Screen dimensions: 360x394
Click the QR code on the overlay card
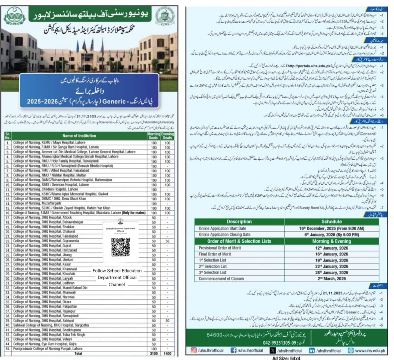120,247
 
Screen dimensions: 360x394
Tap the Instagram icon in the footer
194,350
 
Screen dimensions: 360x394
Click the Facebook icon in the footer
234,350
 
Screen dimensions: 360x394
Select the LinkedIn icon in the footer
312,350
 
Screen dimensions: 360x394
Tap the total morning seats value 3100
153,352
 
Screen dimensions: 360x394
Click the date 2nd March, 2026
331,278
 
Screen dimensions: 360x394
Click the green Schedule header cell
331,222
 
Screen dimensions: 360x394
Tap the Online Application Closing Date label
224,234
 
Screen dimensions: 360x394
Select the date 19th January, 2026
331,260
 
